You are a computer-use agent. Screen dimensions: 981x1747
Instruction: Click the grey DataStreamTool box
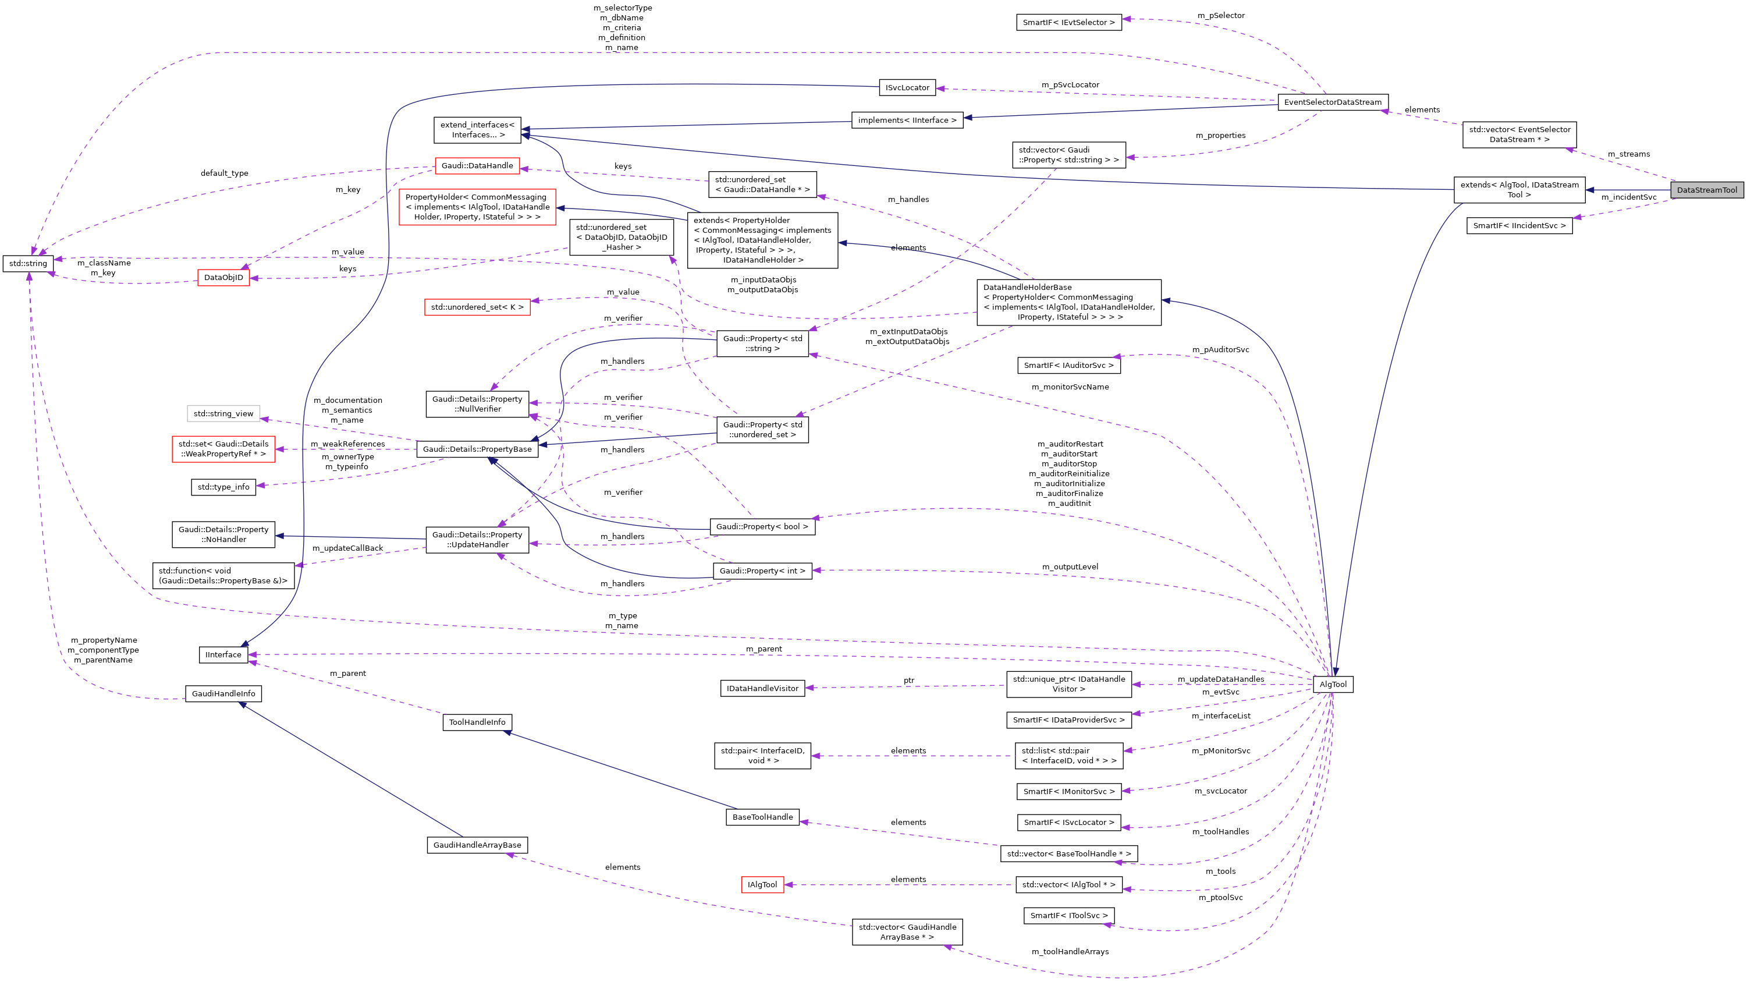(x=1706, y=190)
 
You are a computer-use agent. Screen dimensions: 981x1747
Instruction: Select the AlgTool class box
(x=1333, y=684)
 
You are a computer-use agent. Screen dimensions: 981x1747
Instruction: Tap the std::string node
(x=28, y=263)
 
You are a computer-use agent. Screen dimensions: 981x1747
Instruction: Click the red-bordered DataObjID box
(x=223, y=278)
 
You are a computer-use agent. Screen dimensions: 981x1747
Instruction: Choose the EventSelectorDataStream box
(x=1332, y=102)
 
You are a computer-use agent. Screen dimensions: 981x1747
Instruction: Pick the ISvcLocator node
(x=907, y=87)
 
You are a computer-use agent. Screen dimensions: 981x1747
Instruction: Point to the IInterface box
(x=223, y=654)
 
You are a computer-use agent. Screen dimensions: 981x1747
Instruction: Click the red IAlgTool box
(x=762, y=885)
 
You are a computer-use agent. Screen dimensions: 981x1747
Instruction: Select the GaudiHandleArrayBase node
(x=477, y=845)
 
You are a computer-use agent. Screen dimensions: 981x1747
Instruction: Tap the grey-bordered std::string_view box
(x=223, y=413)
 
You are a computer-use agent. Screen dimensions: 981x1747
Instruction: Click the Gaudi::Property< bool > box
(x=762, y=526)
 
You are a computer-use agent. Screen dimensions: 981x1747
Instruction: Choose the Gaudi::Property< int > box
(x=762, y=571)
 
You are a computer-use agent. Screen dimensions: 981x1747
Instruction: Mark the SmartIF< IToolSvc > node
(x=1068, y=916)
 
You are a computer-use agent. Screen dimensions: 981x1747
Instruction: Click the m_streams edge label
(x=1628, y=154)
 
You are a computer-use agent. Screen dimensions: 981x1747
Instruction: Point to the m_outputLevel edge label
(x=1070, y=566)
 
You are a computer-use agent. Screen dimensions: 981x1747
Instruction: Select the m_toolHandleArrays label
(x=1070, y=952)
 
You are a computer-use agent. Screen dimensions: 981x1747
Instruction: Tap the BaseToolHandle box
(x=762, y=817)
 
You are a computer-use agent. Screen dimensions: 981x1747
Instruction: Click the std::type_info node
(x=223, y=487)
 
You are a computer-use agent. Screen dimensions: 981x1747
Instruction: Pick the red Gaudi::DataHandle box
(x=477, y=165)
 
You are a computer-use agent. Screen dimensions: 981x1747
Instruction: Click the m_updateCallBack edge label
(x=347, y=548)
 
